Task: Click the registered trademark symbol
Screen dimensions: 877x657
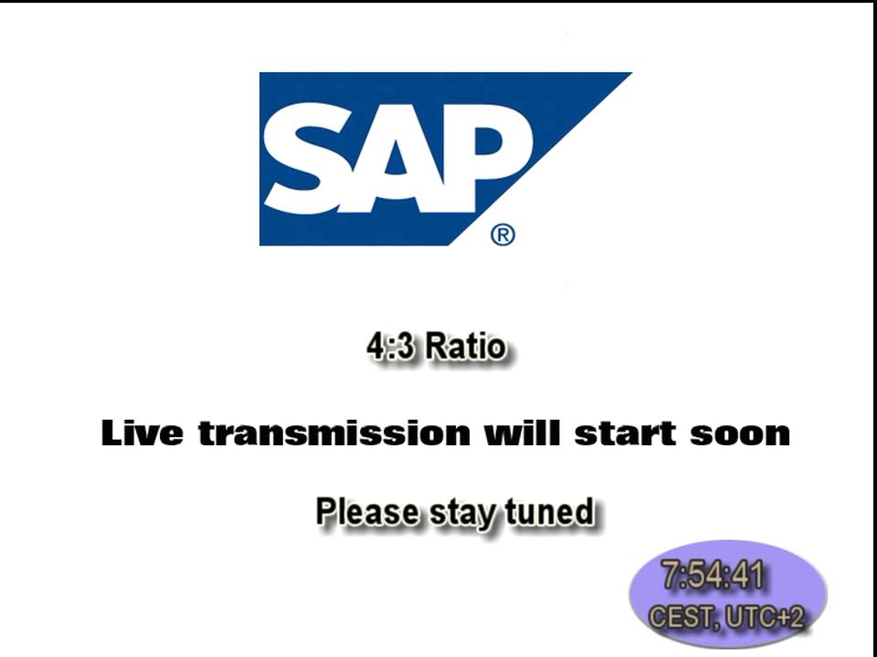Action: (x=502, y=235)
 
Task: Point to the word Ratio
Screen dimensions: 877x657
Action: (x=465, y=347)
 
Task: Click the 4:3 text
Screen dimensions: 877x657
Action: (x=390, y=347)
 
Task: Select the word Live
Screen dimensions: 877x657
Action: (x=143, y=433)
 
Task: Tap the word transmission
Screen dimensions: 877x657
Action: (x=334, y=433)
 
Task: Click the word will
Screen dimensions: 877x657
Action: (x=522, y=433)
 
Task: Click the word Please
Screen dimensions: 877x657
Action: (x=367, y=511)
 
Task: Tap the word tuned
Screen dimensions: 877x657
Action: (x=549, y=511)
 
